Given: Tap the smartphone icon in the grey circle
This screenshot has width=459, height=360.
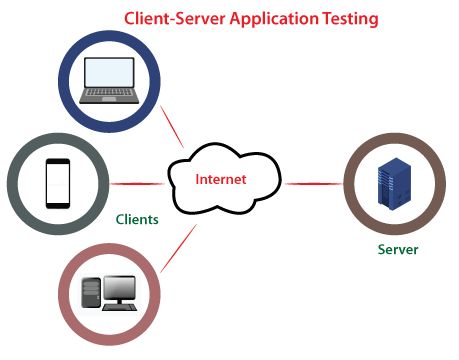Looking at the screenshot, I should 57,183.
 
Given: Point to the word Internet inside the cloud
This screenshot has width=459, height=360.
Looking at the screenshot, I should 220,180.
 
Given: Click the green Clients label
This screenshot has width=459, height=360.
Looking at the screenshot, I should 137,219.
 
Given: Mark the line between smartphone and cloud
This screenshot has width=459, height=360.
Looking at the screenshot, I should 135,183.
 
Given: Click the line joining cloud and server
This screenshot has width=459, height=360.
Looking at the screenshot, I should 312,184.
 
